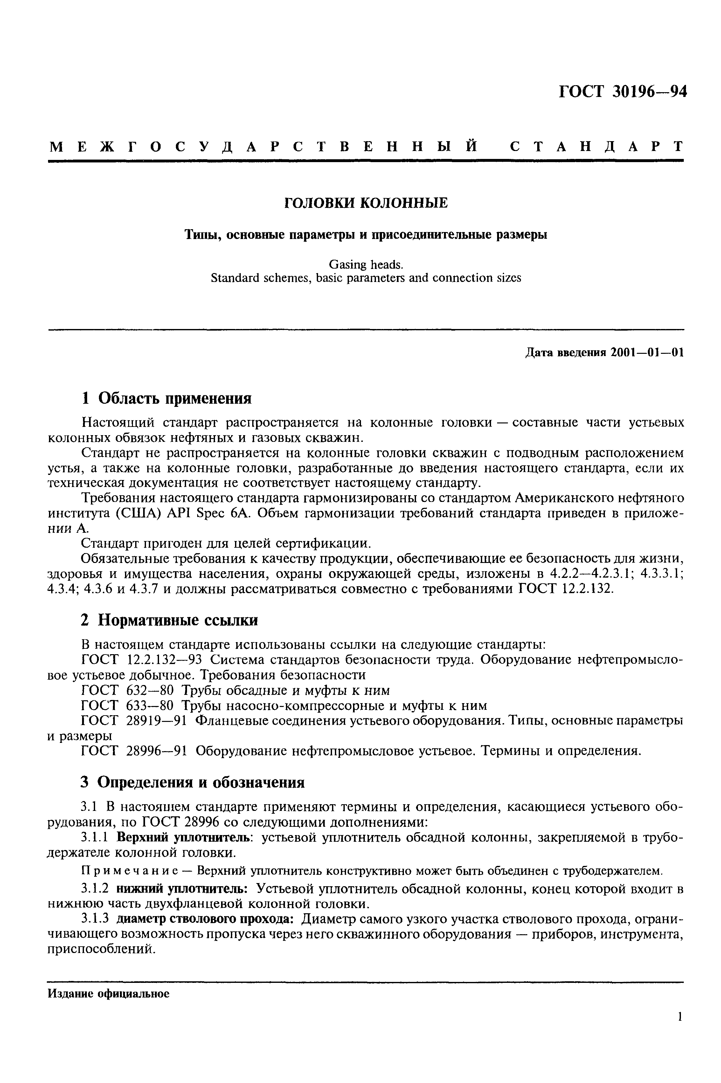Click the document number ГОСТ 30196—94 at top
[623, 92]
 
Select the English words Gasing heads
[365, 265]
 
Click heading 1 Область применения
[166, 398]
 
